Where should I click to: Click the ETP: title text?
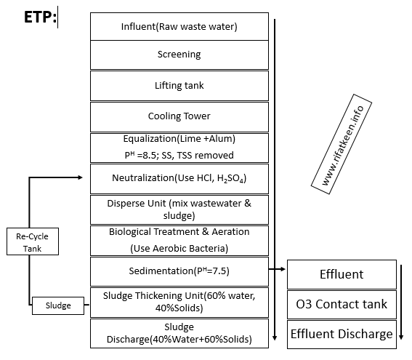40,17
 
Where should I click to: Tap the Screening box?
179,55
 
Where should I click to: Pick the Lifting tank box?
179,85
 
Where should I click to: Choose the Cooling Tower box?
179,116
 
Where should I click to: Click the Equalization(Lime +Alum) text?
179,138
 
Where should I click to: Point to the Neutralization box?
179,178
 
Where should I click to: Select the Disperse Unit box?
179,209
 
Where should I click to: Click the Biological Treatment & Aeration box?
179,240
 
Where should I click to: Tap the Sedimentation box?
179,271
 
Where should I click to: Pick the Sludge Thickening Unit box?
179,302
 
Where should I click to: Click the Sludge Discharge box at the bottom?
179,332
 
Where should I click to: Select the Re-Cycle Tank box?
32,241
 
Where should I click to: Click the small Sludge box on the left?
58,306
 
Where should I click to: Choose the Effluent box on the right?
342,275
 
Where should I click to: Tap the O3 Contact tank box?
342,304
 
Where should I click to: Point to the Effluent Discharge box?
342,335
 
